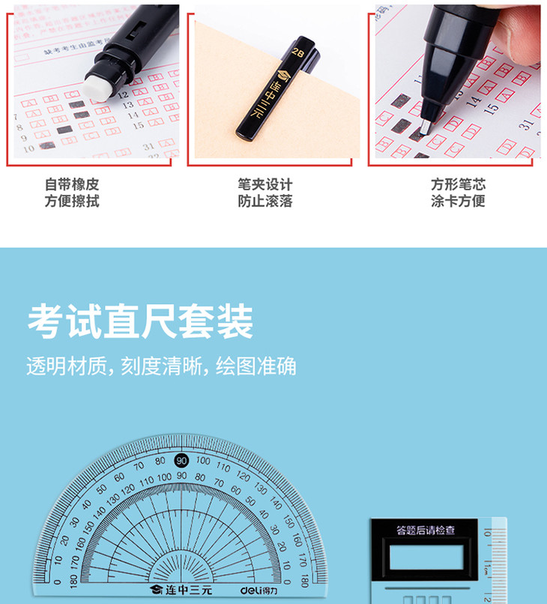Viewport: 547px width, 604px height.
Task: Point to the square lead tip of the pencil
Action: tap(426, 124)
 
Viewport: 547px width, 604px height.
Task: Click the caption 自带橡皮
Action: tap(72, 184)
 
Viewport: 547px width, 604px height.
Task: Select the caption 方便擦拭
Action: tap(72, 201)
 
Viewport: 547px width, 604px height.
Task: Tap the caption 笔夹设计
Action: tap(265, 184)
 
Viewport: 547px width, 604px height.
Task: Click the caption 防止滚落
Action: tap(265, 201)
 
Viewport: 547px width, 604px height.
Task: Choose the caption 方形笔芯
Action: tap(458, 184)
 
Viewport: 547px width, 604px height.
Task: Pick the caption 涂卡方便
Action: tap(458, 201)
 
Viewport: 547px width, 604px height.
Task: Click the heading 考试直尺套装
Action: tap(140, 321)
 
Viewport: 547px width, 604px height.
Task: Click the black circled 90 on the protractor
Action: tap(181, 460)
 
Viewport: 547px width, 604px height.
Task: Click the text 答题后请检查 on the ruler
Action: tap(426, 531)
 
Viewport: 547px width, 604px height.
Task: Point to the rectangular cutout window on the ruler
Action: tap(426, 558)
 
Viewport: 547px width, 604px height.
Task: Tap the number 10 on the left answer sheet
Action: tap(28, 148)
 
